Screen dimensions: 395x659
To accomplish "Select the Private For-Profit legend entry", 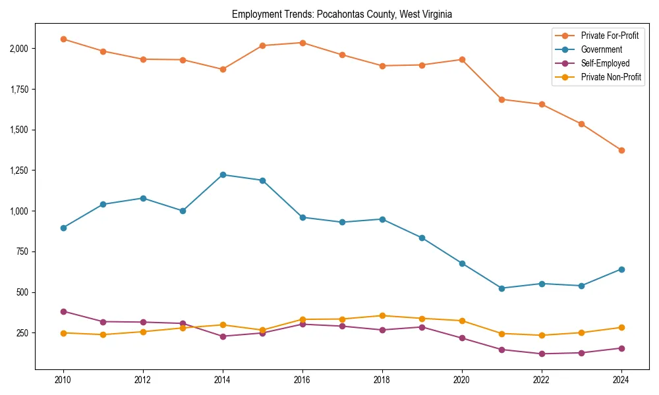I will coord(605,35).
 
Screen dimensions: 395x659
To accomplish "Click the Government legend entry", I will coord(601,49).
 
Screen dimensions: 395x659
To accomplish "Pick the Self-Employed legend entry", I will coord(605,63).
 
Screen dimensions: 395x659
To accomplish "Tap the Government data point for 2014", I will coord(223,174).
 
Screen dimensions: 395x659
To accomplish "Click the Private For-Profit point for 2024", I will coord(621,150).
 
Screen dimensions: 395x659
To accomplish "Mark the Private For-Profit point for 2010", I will coord(63,39).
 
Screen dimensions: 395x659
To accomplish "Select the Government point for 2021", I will coord(501,288).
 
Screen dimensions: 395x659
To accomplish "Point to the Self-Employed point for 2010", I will coord(63,311).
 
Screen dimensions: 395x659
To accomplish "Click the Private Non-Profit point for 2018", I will coord(382,315).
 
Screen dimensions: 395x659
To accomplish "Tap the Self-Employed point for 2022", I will coord(542,354).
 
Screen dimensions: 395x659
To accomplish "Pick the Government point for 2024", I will coord(621,269).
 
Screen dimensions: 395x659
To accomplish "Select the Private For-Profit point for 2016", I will coord(302,43).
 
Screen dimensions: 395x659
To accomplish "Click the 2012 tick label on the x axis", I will coord(143,380).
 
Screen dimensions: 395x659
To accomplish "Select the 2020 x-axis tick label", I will coord(462,380).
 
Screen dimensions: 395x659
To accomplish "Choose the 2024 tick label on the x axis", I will coord(621,380).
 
